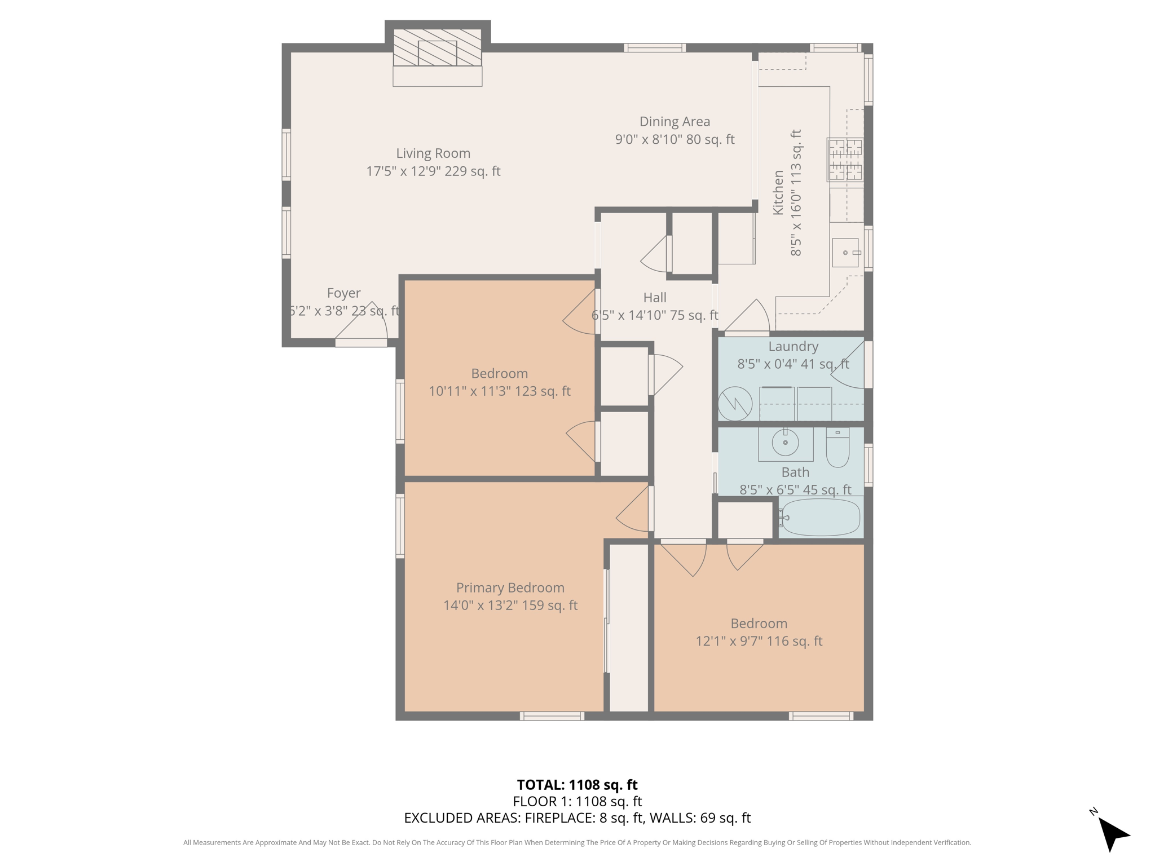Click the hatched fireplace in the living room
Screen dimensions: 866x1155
point(437,48)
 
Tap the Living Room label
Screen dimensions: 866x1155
point(433,153)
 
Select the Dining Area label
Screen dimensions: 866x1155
point(675,122)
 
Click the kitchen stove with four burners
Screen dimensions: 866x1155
point(845,159)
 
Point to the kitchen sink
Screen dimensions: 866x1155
point(845,253)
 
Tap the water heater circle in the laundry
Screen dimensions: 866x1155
point(735,404)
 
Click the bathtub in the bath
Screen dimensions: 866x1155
point(821,517)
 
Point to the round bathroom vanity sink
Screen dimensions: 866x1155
point(785,443)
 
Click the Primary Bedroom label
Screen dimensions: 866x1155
point(510,587)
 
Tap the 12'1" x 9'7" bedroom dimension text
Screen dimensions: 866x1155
point(759,641)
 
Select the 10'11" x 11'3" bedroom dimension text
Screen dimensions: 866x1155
point(499,391)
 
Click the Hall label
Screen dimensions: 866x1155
point(655,298)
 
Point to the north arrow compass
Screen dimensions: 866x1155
point(1112,834)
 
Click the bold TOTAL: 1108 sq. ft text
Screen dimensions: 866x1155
point(577,785)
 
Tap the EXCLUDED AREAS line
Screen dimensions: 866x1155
point(577,818)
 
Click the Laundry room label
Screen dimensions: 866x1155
point(793,346)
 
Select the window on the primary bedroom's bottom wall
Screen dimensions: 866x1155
point(552,716)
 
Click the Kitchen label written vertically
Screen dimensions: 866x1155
point(778,192)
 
